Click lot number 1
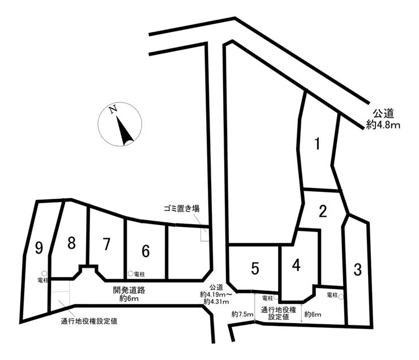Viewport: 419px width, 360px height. [x=317, y=144]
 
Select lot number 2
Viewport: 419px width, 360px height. [x=323, y=211]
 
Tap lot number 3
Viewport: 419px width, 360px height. [x=357, y=270]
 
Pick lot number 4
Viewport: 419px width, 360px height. [x=296, y=265]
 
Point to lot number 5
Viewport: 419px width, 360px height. [x=255, y=268]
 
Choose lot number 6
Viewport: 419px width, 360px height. [x=146, y=251]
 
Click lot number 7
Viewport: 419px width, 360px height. [x=106, y=245]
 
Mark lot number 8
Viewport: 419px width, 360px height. [x=71, y=243]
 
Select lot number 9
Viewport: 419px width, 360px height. [x=39, y=248]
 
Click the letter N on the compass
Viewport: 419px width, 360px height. [x=113, y=109]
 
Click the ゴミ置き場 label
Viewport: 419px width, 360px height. [x=182, y=208]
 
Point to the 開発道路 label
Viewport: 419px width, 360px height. [x=129, y=290]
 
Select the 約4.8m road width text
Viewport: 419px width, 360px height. [x=383, y=125]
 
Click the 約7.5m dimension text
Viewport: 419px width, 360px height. [x=243, y=315]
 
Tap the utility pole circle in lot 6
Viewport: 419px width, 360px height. [x=130, y=273]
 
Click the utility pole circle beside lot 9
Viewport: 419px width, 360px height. [x=44, y=273]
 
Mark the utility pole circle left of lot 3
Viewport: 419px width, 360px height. [x=340, y=297]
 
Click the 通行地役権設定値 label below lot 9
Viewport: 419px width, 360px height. [x=89, y=321]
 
